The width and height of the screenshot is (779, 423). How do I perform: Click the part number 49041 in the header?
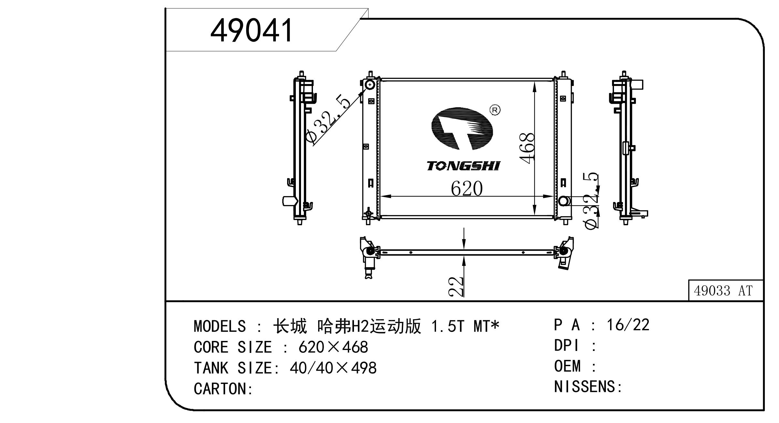point(252,30)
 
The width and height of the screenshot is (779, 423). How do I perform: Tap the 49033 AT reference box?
point(725,291)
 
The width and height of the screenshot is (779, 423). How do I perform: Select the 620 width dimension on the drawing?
point(467,188)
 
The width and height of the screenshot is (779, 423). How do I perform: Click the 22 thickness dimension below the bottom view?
point(456,287)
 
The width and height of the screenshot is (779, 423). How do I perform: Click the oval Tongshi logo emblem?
point(462,129)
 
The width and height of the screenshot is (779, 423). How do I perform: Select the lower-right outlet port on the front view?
point(565,201)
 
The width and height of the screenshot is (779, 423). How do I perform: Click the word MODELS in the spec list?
point(220,326)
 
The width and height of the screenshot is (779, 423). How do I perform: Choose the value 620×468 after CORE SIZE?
point(333,347)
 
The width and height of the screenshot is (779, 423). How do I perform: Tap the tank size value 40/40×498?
point(333,368)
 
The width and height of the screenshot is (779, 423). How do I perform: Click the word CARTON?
point(220,388)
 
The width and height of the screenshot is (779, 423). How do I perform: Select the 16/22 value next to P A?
point(628,325)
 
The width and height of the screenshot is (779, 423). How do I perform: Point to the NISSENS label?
point(584,387)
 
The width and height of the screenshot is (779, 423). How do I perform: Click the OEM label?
point(567,366)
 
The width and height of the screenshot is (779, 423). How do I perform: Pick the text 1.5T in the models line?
point(448,326)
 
